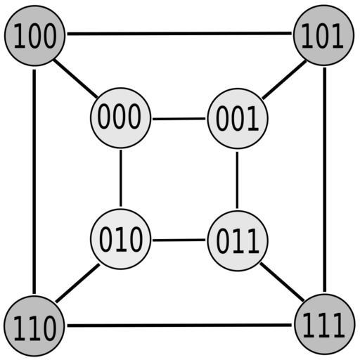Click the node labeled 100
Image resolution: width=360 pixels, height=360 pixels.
click(34, 36)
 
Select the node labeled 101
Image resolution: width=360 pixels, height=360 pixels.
click(323, 35)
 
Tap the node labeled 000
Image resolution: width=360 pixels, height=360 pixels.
click(120, 118)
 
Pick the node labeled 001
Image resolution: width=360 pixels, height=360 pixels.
click(238, 119)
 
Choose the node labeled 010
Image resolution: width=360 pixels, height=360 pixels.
click(120, 239)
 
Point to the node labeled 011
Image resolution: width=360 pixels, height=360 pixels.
click(238, 240)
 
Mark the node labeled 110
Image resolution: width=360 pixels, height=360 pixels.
click(34, 326)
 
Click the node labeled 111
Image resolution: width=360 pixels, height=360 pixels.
click(325, 324)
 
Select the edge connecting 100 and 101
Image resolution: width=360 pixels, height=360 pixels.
click(179, 34)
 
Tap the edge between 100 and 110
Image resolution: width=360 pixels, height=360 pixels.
click(34, 181)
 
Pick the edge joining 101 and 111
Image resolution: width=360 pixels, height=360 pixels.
click(325, 180)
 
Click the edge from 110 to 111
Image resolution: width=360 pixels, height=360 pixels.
click(179, 326)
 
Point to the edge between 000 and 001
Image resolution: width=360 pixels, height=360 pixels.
click(179, 119)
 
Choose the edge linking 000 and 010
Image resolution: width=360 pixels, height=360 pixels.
click(121, 178)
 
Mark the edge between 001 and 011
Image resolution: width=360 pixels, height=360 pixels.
click(237, 180)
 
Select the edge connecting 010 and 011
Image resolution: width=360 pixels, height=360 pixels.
click(179, 240)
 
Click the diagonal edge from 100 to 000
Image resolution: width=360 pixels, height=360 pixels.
click(75, 79)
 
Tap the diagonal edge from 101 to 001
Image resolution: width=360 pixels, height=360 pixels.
click(284, 79)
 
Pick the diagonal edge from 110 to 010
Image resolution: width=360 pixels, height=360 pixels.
click(77, 283)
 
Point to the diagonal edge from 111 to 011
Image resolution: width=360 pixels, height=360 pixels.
click(282, 282)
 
